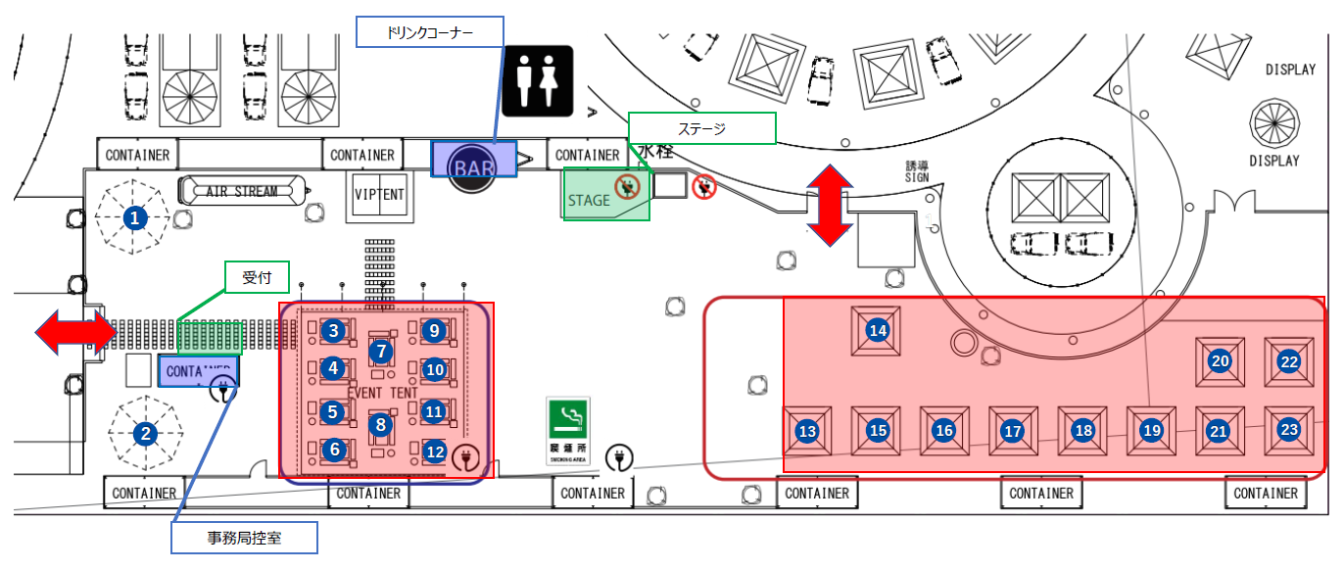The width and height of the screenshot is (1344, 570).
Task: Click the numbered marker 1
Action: (x=135, y=218)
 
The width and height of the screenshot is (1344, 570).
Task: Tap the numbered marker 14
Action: (x=879, y=331)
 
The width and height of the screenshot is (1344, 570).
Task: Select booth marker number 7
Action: (x=380, y=351)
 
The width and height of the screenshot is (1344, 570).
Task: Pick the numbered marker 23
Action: (x=1289, y=429)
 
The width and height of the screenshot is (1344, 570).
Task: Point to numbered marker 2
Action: (x=146, y=433)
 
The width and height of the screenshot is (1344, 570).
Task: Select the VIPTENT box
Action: (x=379, y=193)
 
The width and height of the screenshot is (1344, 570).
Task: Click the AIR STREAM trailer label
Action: (x=242, y=192)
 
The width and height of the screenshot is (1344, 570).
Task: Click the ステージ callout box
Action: (x=701, y=128)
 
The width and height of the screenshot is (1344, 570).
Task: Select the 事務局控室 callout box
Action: (x=244, y=537)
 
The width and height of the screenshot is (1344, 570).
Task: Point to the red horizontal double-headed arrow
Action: (x=75, y=333)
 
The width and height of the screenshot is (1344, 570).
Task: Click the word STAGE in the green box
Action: (x=589, y=201)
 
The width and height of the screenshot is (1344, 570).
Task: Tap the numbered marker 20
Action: (x=1220, y=361)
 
